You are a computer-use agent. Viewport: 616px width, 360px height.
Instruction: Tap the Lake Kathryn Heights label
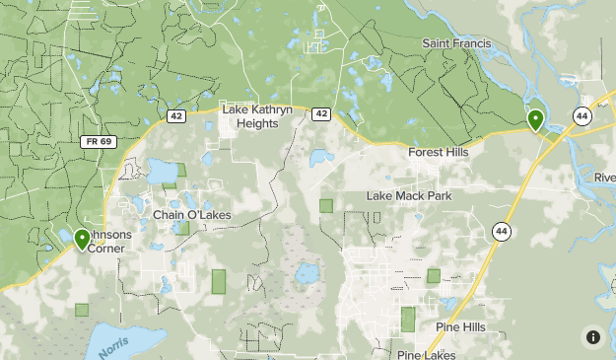(256, 116)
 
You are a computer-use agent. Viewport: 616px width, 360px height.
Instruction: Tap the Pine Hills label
(459, 326)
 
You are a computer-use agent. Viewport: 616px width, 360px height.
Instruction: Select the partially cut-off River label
(604, 178)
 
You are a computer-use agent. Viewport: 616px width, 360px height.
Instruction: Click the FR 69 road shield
(97, 142)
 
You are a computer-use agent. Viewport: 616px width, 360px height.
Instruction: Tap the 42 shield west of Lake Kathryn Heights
(175, 115)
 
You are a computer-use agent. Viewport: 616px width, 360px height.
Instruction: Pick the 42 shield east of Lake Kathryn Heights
(321, 114)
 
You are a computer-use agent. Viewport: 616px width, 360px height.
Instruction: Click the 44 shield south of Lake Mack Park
(502, 232)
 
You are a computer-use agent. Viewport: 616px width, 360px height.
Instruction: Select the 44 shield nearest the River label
(582, 116)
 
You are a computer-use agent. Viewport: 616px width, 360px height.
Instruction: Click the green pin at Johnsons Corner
(82, 239)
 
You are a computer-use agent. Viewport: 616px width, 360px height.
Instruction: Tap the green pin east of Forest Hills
(535, 120)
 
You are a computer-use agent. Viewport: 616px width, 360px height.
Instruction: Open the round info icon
(593, 336)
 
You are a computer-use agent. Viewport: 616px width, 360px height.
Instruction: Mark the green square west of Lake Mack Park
(326, 206)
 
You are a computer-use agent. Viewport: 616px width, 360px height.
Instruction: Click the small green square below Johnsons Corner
(82, 309)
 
